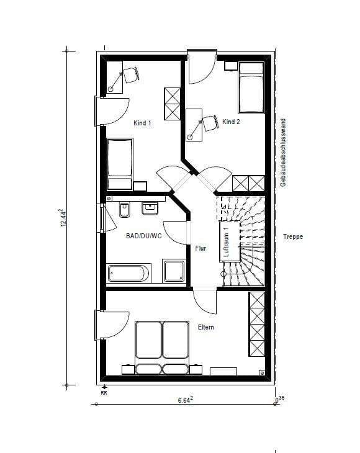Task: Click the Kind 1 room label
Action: tap(142, 123)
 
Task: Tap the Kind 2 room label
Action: tap(231, 122)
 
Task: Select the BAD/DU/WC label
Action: tap(144, 236)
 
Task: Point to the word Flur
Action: tap(200, 248)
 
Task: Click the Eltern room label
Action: tap(205, 327)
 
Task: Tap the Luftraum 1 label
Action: tap(226, 242)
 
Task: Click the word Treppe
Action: tap(293, 236)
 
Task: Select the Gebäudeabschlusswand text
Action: tap(283, 152)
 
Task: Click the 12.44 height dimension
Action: tap(63, 218)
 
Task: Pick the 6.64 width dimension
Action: tap(186, 400)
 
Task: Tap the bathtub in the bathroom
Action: tap(128, 273)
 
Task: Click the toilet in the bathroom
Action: tap(125, 210)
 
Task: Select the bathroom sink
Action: tap(150, 209)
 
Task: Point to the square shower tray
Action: tap(174, 271)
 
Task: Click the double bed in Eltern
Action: tap(163, 348)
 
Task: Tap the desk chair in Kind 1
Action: tap(132, 75)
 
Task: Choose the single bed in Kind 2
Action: tap(251, 88)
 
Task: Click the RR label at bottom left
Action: tap(104, 393)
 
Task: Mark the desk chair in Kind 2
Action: tap(210, 123)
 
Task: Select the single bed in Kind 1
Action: tap(120, 164)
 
